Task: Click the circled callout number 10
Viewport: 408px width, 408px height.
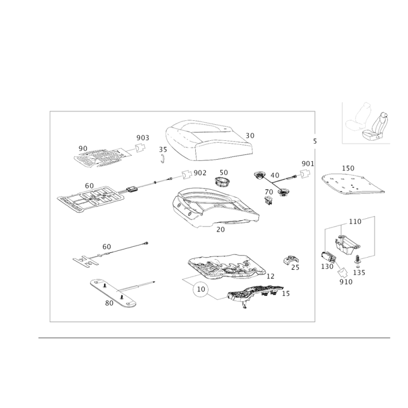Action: click(201, 289)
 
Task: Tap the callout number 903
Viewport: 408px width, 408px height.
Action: click(143, 138)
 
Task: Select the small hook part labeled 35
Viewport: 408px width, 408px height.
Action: click(163, 159)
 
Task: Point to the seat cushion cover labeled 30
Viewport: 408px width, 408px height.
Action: click(209, 141)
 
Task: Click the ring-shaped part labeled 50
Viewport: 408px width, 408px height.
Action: click(222, 182)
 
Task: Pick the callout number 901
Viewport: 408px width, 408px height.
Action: click(308, 164)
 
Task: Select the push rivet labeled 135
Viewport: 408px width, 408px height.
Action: click(358, 261)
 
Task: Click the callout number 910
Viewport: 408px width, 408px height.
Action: click(346, 282)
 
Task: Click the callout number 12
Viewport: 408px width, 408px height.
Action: click(271, 276)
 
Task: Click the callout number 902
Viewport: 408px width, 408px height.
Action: click(200, 173)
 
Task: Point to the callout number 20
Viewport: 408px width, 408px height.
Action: click(220, 229)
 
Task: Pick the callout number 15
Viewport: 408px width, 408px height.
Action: click(286, 294)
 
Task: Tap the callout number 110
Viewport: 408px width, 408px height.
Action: click(355, 221)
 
